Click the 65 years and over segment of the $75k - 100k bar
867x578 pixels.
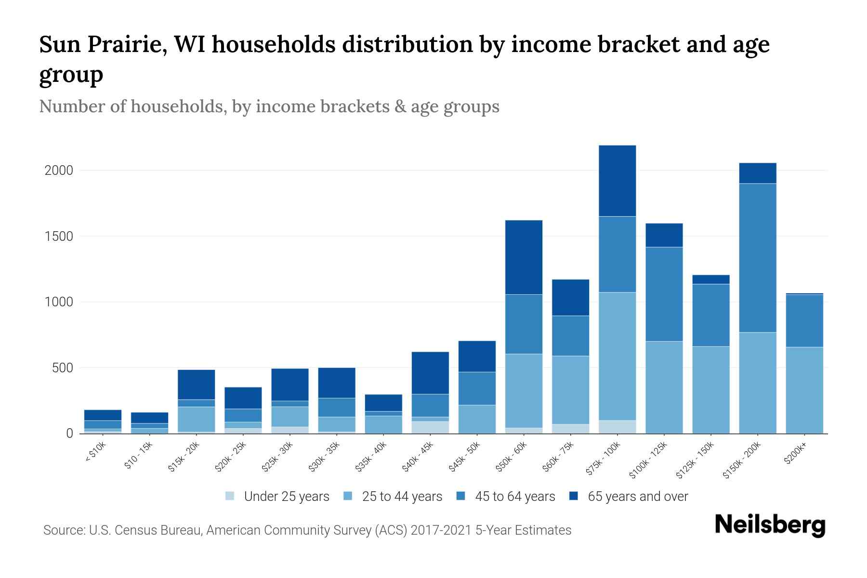[617, 181]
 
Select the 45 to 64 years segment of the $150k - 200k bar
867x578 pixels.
[758, 258]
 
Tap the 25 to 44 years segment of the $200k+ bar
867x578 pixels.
[804, 390]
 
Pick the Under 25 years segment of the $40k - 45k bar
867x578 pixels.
[430, 428]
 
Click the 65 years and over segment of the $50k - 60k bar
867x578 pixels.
[524, 257]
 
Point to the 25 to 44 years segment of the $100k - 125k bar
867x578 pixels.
[664, 387]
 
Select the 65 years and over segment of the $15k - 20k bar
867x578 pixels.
[196, 384]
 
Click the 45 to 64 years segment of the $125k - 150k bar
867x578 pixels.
[711, 315]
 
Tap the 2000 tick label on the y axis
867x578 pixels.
[58, 171]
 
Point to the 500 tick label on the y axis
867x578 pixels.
[63, 368]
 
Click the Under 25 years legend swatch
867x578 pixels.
[230, 496]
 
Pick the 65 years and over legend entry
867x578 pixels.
[637, 497]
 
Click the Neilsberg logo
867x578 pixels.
[770, 525]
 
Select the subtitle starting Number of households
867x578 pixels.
[269, 106]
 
